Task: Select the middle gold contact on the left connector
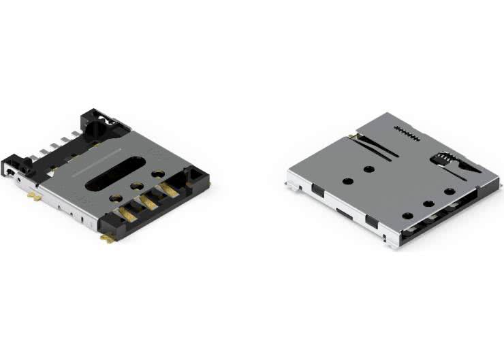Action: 148,203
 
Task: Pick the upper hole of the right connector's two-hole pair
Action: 368,168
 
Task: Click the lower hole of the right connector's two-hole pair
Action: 347,181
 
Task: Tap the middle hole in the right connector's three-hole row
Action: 428,203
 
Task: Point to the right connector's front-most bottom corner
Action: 394,243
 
